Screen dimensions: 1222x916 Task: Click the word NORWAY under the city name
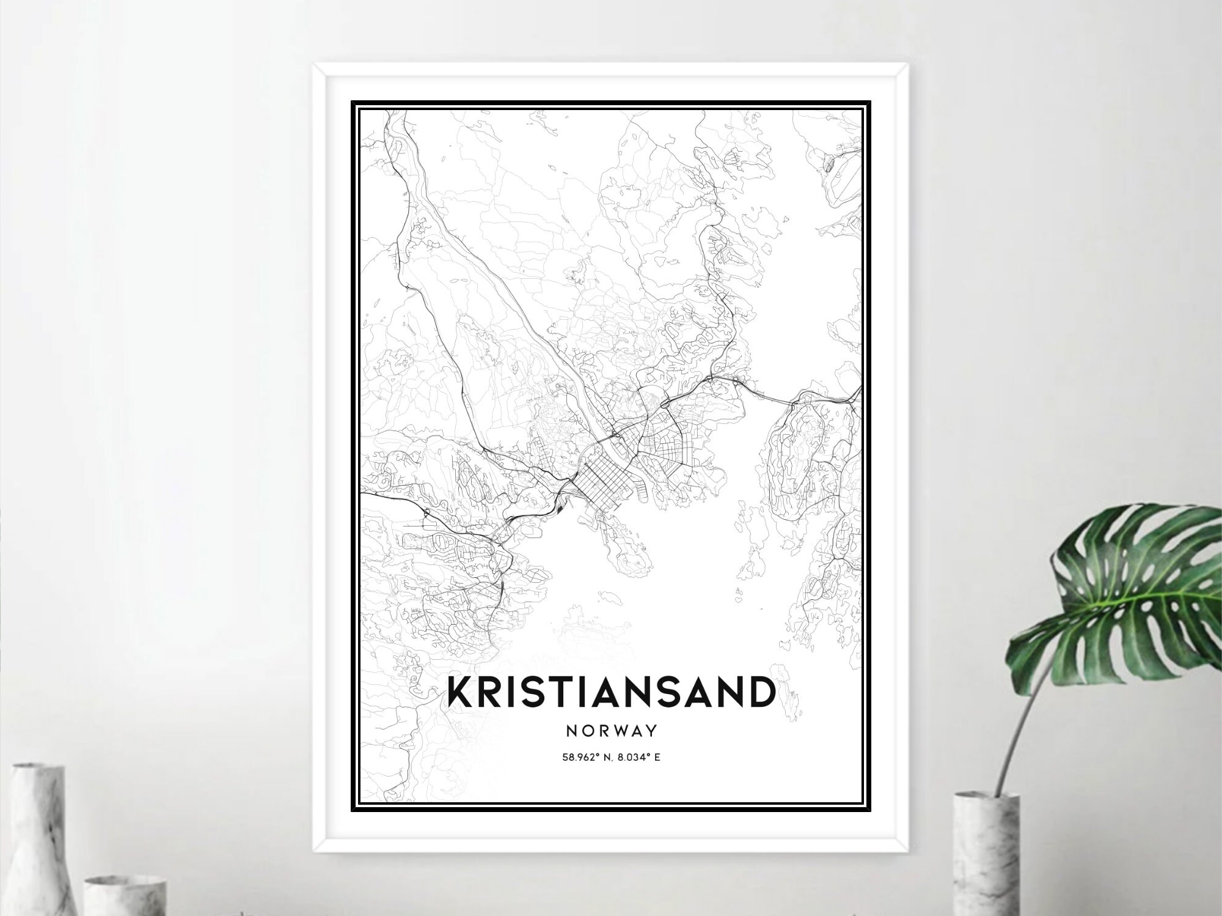coord(611,730)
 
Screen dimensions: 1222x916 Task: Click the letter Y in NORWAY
coord(652,730)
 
